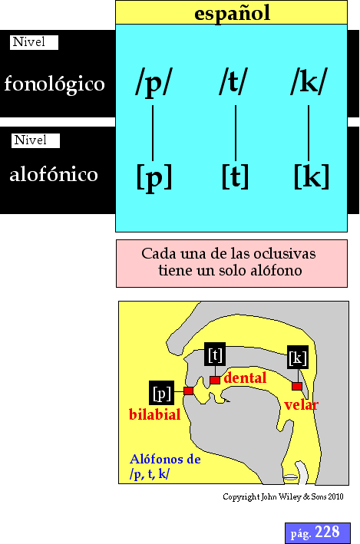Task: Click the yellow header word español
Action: [x=232, y=13]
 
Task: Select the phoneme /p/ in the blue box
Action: [x=154, y=82]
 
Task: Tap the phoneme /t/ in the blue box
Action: [x=233, y=81]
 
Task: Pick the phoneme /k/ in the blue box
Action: [x=309, y=81]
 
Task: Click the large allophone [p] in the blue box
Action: [x=154, y=177]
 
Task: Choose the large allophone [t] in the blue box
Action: [x=235, y=176]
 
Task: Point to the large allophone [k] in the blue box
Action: [x=312, y=176]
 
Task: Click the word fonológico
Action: [x=54, y=84]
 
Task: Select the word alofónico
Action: [x=54, y=174]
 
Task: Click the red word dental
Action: [x=245, y=378]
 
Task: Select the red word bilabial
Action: [x=154, y=414]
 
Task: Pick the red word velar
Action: [x=301, y=405]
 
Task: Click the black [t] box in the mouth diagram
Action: [x=215, y=354]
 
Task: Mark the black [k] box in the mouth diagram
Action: [x=298, y=357]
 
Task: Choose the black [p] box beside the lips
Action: [x=161, y=393]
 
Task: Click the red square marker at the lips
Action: [x=189, y=391]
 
